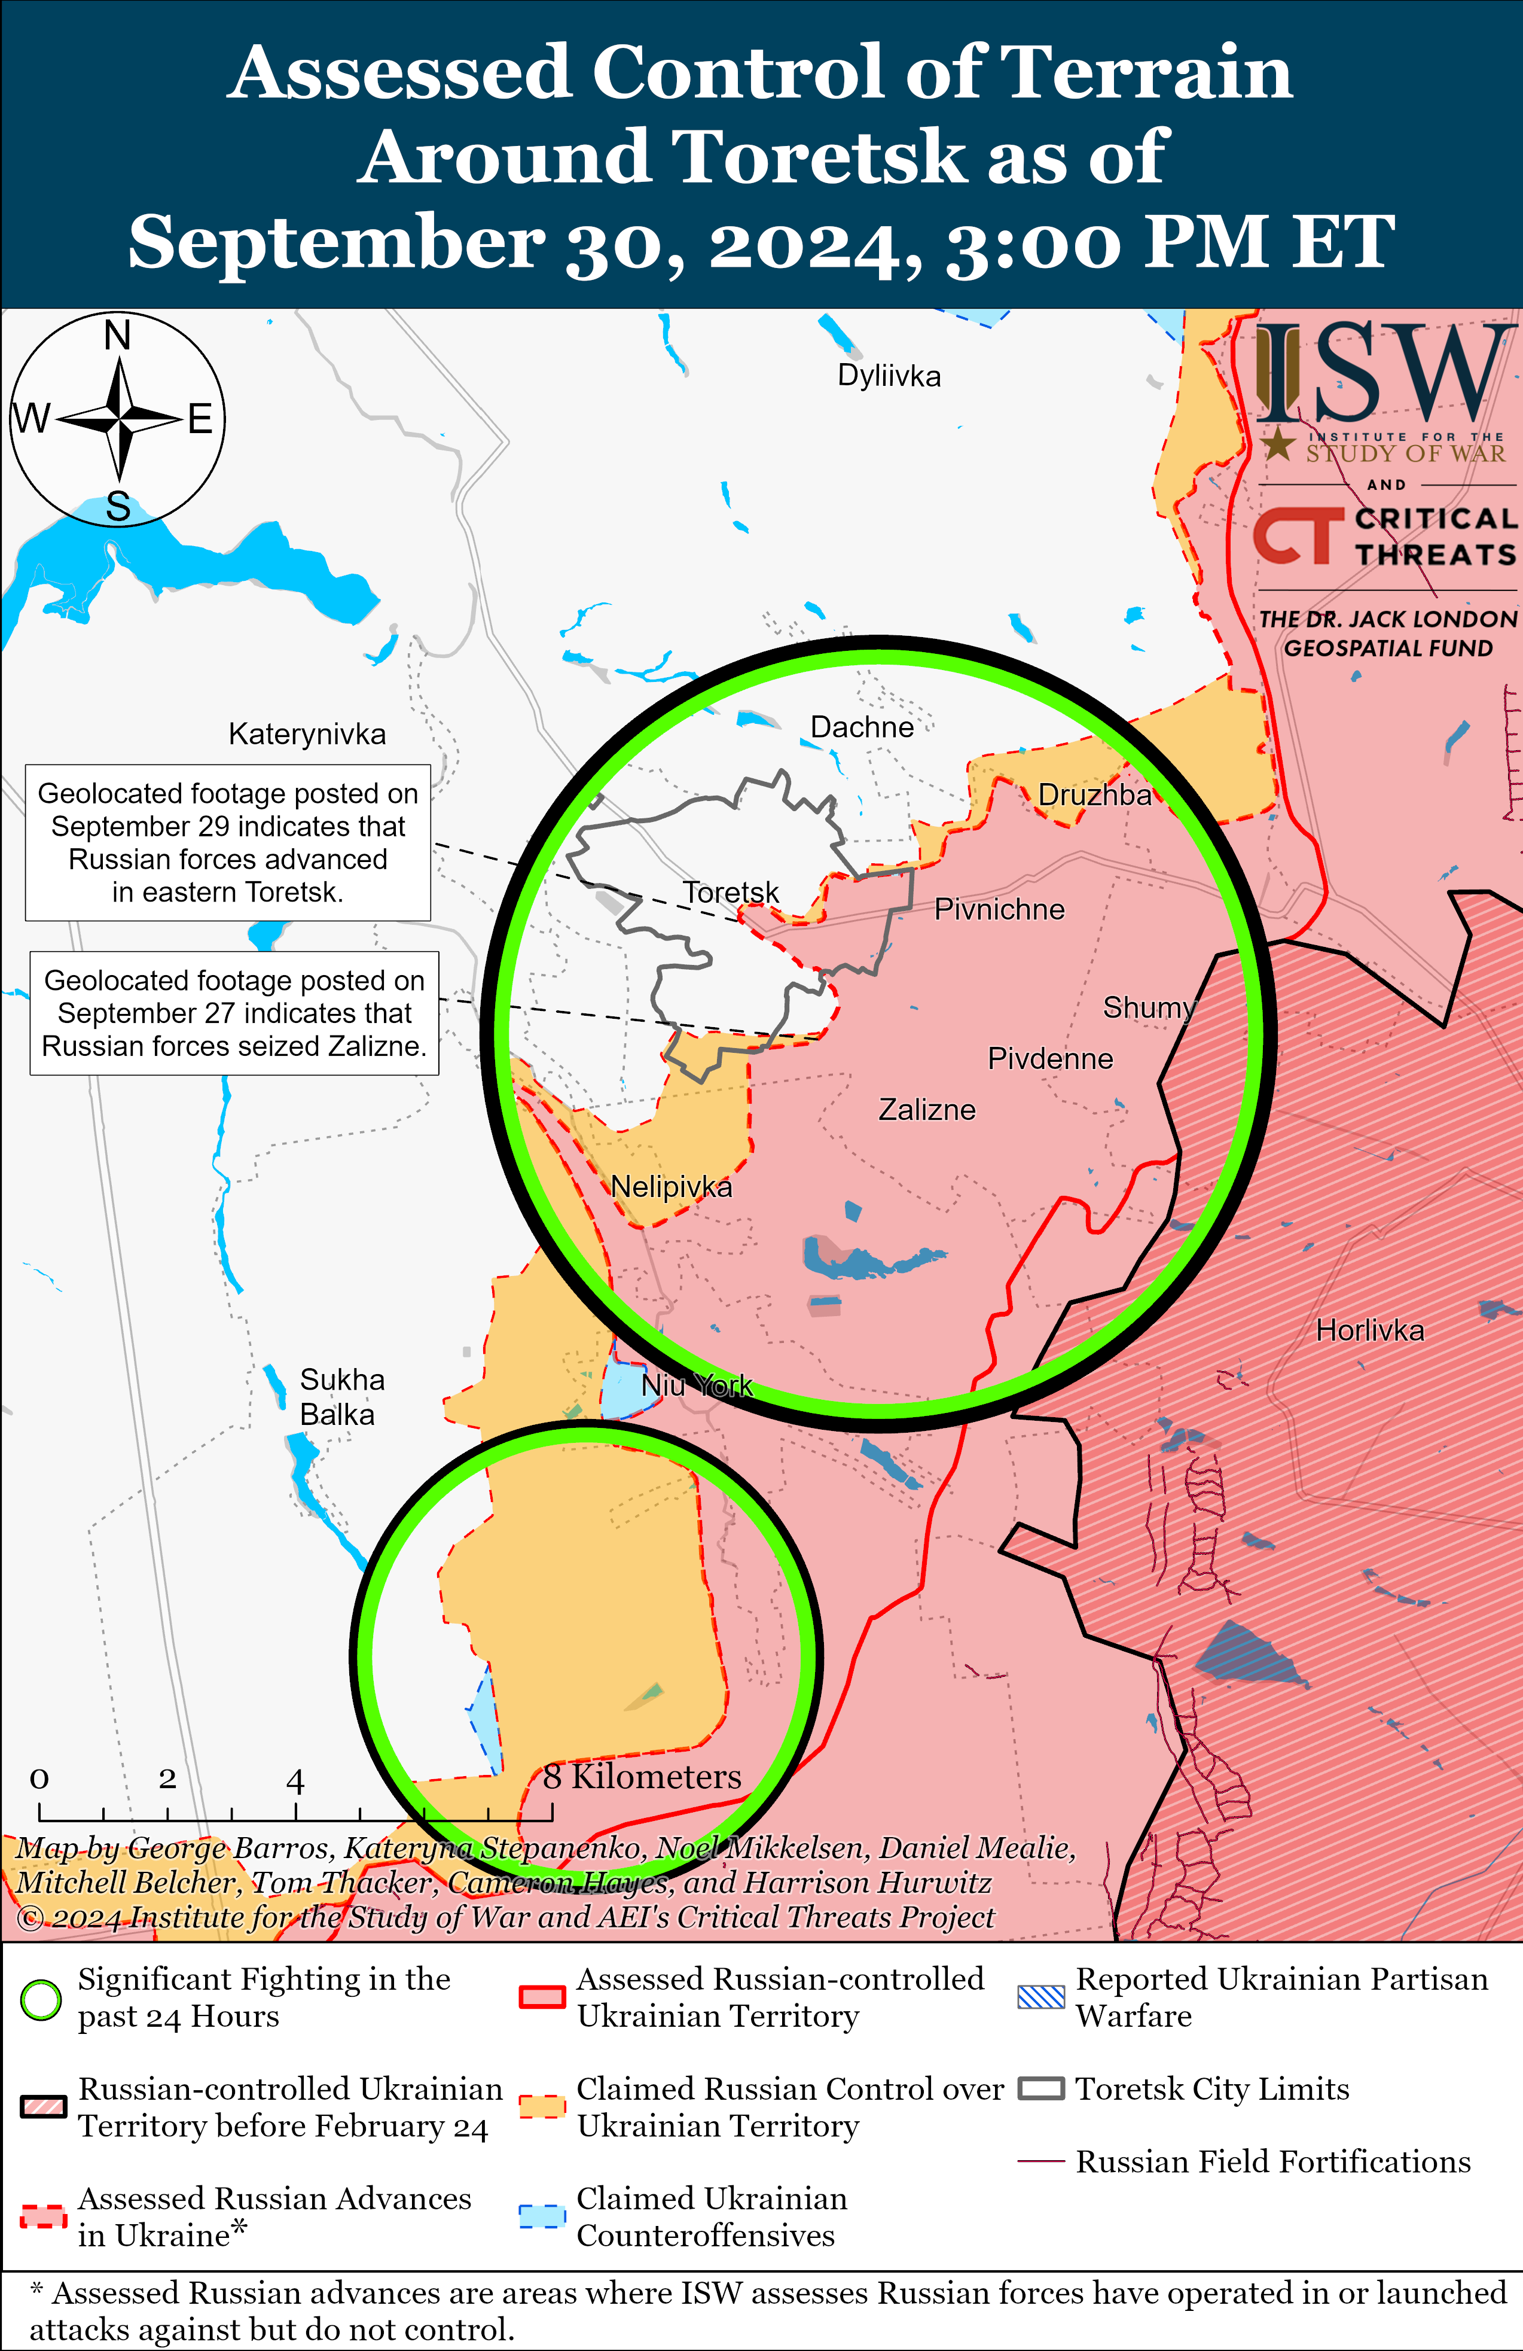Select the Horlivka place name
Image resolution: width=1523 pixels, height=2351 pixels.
pos(1370,1330)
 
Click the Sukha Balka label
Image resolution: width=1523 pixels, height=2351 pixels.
pos(341,1397)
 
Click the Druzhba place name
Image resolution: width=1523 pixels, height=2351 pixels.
pos(1094,795)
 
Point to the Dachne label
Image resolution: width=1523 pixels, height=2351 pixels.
pos(861,727)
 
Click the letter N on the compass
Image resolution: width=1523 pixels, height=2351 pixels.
pos(118,336)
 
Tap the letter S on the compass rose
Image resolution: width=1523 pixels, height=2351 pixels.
pos(118,507)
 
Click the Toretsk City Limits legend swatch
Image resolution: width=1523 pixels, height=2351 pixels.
pos(1041,2089)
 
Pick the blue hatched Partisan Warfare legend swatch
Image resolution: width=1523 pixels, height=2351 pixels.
pos(1041,1997)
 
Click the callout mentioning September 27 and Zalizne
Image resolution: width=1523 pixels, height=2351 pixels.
pos(234,1013)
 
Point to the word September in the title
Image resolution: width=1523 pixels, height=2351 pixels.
pos(336,242)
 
